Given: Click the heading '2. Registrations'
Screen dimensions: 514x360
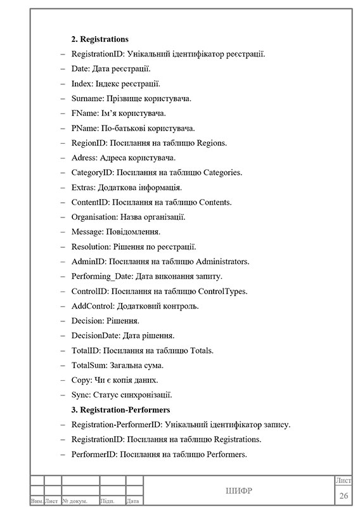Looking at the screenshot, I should point(100,39).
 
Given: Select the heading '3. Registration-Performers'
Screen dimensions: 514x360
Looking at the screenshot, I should point(120,409).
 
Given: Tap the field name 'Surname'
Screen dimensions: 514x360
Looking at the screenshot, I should point(87,98).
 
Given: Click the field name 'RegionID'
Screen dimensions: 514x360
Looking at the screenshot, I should point(88,143).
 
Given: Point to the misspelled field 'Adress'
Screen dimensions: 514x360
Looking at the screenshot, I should point(84,158).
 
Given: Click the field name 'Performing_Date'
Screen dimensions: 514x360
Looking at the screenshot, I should point(101,276).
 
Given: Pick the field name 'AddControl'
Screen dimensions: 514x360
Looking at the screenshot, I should point(92,306).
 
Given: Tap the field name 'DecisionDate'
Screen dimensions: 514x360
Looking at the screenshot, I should point(95,335).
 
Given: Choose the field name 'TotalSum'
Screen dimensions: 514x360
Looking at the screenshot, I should point(89,365).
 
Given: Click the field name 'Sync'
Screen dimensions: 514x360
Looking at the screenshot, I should point(80,395).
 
